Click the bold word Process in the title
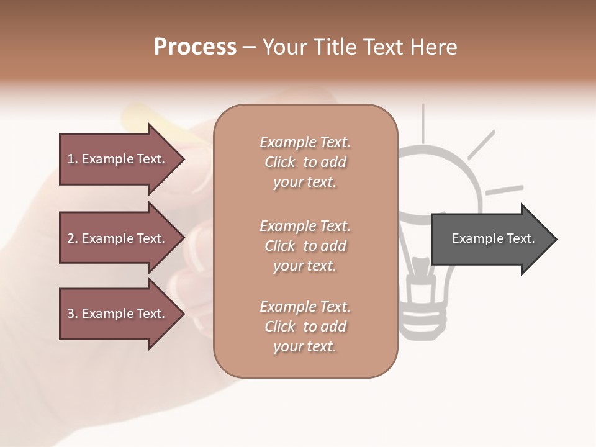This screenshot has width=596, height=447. [195, 47]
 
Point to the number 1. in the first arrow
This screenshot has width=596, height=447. [73, 159]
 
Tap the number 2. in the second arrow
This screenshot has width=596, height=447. [73, 238]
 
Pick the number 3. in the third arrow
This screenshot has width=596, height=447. [73, 314]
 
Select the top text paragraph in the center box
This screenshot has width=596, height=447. [305, 162]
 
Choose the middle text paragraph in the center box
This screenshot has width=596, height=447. [305, 246]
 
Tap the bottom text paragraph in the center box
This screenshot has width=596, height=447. [305, 327]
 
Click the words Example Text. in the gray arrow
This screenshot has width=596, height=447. [493, 238]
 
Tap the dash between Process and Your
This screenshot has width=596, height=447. [249, 48]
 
